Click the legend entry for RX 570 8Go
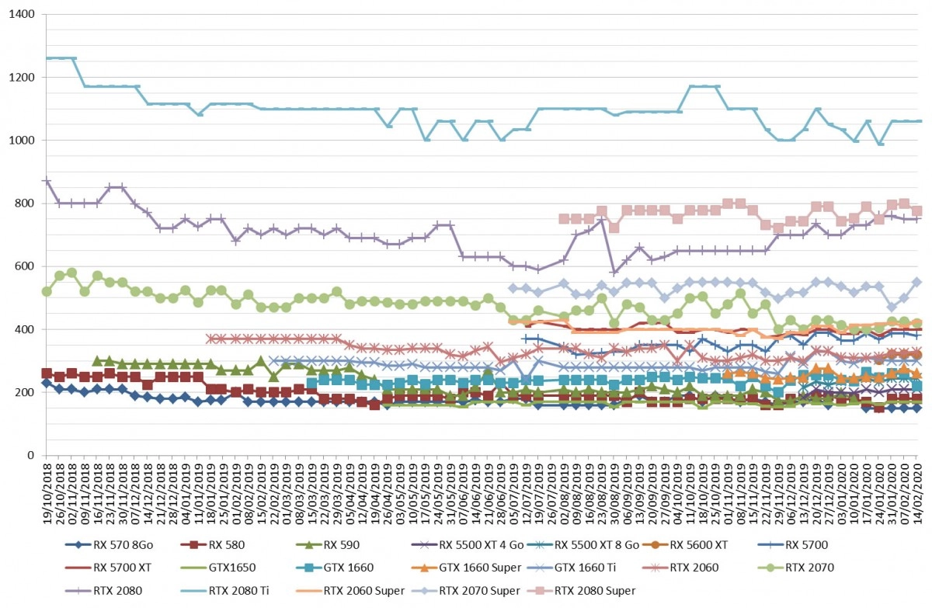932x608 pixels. (x=109, y=545)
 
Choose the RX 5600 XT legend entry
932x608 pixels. (x=685, y=545)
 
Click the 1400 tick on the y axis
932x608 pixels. (x=22, y=14)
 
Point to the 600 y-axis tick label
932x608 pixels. (x=25, y=266)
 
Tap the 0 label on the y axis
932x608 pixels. (x=31, y=455)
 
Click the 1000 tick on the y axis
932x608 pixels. (x=22, y=140)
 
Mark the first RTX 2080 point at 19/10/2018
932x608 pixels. (x=47, y=181)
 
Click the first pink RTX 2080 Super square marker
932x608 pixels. (x=564, y=219)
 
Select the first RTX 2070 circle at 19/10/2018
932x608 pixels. (x=47, y=291)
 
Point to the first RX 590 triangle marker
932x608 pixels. (x=97, y=360)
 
